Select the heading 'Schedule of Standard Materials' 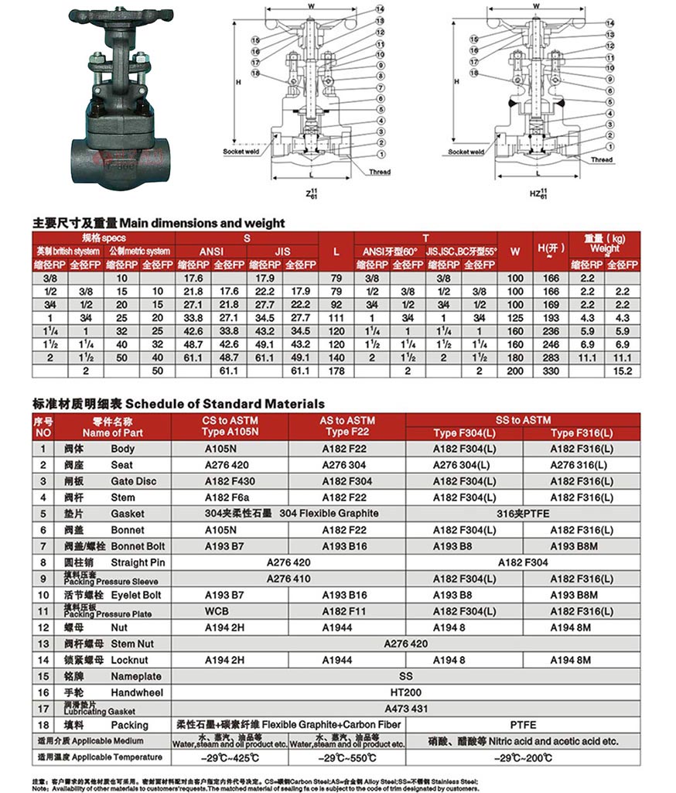[225, 403]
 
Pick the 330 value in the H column [551, 371]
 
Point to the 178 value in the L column [336, 371]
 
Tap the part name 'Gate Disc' [133, 481]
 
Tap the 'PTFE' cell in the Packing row [524, 725]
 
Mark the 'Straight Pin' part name [138, 562]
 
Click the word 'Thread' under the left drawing [380, 172]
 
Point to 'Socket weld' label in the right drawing [466, 152]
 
